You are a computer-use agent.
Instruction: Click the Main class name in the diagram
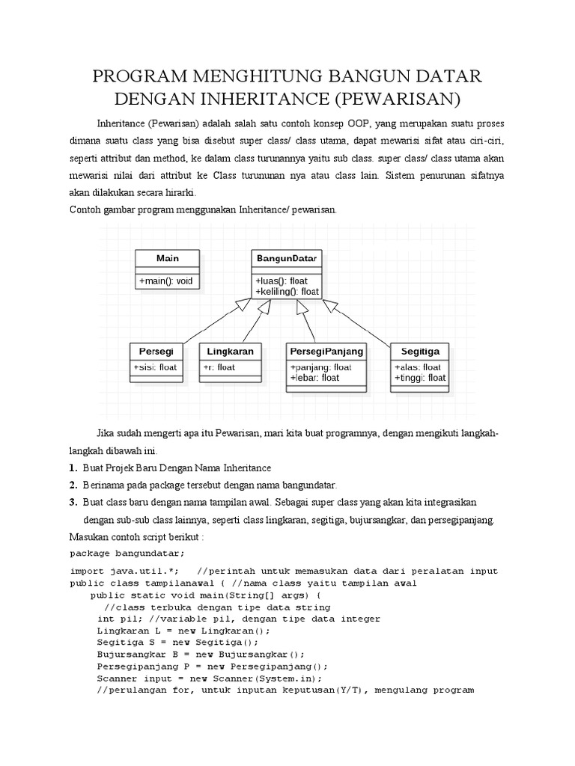pos(167,258)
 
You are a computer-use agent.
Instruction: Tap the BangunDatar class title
pos(287,258)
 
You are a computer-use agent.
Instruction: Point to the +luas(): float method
pos(281,281)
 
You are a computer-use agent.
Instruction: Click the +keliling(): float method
pos(287,291)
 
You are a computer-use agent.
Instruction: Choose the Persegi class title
pos(156,351)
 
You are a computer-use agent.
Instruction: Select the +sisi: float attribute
pos(155,367)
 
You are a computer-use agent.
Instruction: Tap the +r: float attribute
pos(219,367)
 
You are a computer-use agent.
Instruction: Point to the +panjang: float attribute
pos(320,367)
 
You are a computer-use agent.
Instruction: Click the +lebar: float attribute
pos(314,378)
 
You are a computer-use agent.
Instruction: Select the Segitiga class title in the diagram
pos(419,351)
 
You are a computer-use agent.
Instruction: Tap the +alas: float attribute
pos(417,367)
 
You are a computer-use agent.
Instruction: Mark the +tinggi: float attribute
pos(419,378)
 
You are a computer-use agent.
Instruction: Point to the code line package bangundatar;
pos(127,554)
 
